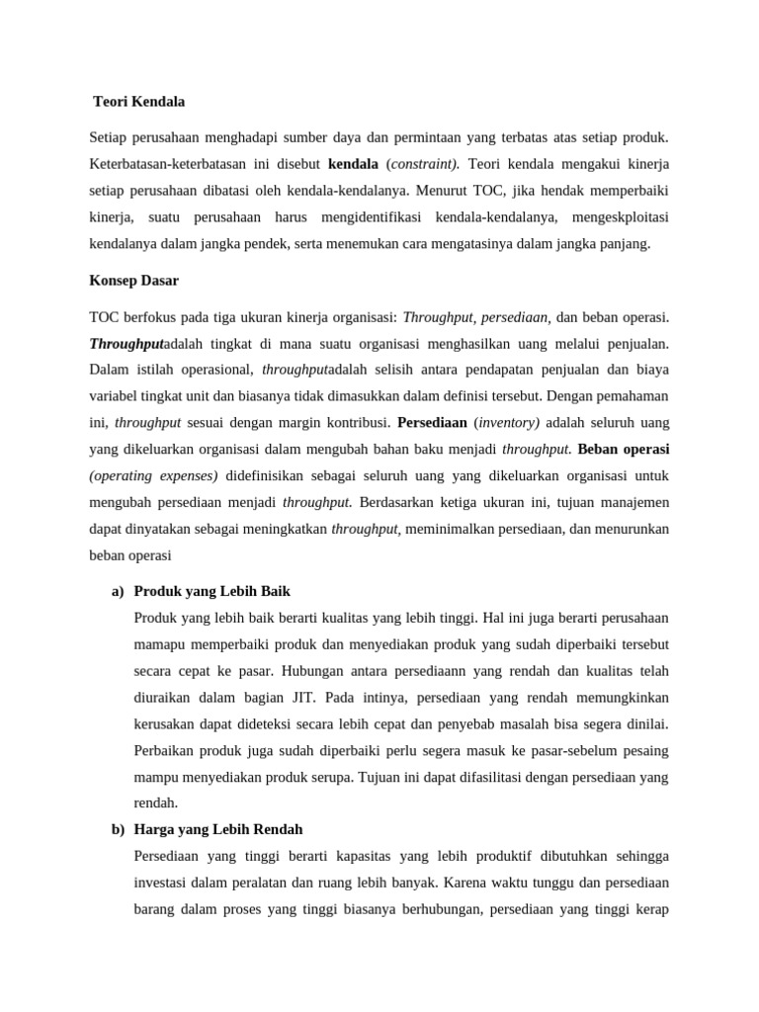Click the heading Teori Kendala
138,102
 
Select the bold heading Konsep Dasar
133,281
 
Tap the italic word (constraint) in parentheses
422,163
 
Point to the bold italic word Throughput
126,344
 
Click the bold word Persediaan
432,422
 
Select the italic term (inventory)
508,422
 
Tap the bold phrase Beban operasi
624,449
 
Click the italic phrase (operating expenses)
153,475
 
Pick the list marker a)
118,591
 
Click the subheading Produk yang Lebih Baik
211,591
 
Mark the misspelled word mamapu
158,644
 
